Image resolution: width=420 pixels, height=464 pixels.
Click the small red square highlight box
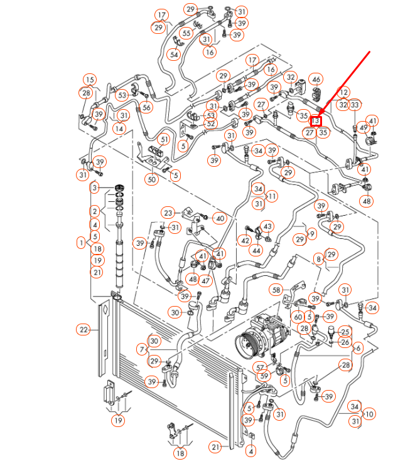point(317,120)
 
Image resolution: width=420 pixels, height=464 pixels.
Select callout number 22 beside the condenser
point(83,330)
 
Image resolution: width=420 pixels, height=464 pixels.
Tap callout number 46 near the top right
point(316,80)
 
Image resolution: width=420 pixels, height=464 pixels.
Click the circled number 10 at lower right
point(369,414)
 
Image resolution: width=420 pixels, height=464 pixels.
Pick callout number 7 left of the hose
point(143,349)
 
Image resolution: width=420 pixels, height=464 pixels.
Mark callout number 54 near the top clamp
point(174,55)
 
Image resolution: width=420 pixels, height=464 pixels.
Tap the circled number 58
point(276,289)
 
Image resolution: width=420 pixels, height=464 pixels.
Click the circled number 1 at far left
point(81,242)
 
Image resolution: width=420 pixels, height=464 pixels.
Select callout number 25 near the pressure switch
point(344,331)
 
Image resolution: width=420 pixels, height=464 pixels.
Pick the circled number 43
point(268,226)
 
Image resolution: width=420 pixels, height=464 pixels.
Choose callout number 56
point(147,107)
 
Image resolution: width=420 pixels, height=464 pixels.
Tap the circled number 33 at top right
point(355,105)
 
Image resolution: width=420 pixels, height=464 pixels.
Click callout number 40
point(219,218)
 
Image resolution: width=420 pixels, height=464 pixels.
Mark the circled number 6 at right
point(358,348)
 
